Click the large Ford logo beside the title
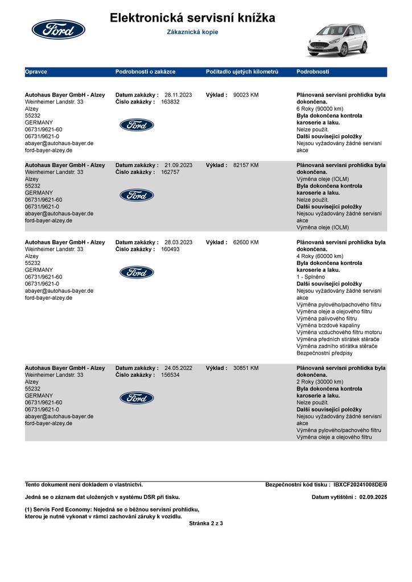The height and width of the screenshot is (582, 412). pyautogui.click(x=58, y=29)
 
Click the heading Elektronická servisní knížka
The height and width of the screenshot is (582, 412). pyautogui.click(x=192, y=18)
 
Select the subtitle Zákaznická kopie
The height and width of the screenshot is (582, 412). pyautogui.click(x=192, y=32)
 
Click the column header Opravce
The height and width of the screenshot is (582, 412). pyautogui.click(x=36, y=72)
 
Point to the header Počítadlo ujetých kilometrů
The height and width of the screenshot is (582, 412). pyautogui.click(x=242, y=72)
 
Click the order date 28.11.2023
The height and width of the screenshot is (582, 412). pyautogui.click(x=178, y=95)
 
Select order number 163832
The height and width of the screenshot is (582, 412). pyautogui.click(x=170, y=102)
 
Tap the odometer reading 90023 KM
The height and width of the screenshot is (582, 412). pyautogui.click(x=246, y=95)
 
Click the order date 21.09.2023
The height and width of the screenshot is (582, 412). pyautogui.click(x=178, y=165)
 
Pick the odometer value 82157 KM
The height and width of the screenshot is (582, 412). pyautogui.click(x=246, y=165)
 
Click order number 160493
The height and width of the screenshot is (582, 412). pyautogui.click(x=170, y=249)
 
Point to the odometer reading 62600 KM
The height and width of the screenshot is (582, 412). pyautogui.click(x=246, y=242)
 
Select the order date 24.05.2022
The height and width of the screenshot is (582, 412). pyautogui.click(x=178, y=368)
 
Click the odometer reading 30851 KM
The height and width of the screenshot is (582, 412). pyautogui.click(x=246, y=368)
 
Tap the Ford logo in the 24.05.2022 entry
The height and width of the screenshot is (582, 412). pyautogui.click(x=137, y=398)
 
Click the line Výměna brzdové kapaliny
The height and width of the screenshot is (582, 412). pyautogui.click(x=328, y=326)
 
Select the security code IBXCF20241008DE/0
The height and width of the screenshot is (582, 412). pyautogui.click(x=360, y=485)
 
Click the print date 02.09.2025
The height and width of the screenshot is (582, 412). pyautogui.click(x=373, y=497)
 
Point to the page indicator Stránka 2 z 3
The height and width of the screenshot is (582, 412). pyautogui.click(x=206, y=523)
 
